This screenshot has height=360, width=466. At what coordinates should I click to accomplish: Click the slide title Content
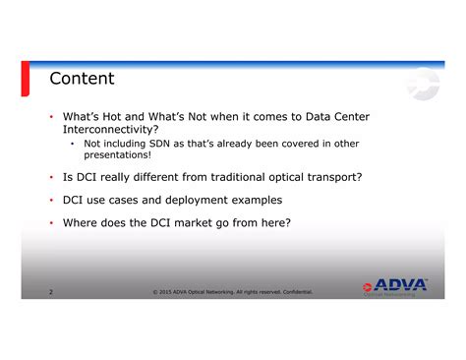83,79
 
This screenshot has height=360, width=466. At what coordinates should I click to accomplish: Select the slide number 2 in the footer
50,292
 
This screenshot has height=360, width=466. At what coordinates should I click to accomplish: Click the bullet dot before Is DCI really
50,177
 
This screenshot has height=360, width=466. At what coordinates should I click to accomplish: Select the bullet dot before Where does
50,222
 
